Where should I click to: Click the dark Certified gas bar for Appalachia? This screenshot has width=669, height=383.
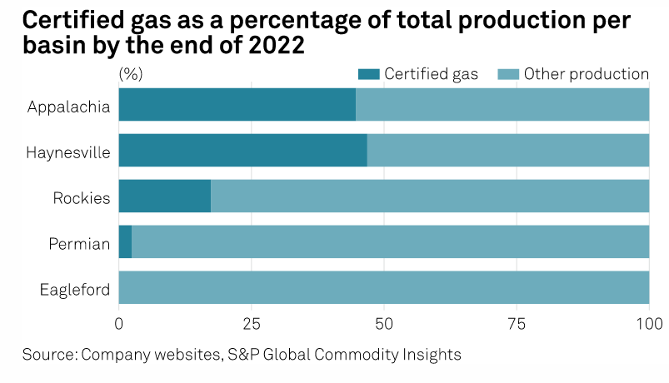237,105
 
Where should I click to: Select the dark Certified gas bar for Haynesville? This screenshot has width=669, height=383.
242,151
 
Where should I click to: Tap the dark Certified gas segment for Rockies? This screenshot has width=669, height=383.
165,196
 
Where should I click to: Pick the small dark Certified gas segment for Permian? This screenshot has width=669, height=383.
125,242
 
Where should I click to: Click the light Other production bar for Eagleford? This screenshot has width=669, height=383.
384,288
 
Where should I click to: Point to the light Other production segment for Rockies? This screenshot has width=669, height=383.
430,196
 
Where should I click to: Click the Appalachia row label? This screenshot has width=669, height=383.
68,107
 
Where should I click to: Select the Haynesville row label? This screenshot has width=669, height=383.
68,153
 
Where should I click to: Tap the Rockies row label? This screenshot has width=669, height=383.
82,198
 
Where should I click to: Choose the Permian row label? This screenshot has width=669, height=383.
81,244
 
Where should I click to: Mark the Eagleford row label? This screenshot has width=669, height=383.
75,290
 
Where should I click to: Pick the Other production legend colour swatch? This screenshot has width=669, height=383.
507,74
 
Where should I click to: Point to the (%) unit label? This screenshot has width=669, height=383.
131,74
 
